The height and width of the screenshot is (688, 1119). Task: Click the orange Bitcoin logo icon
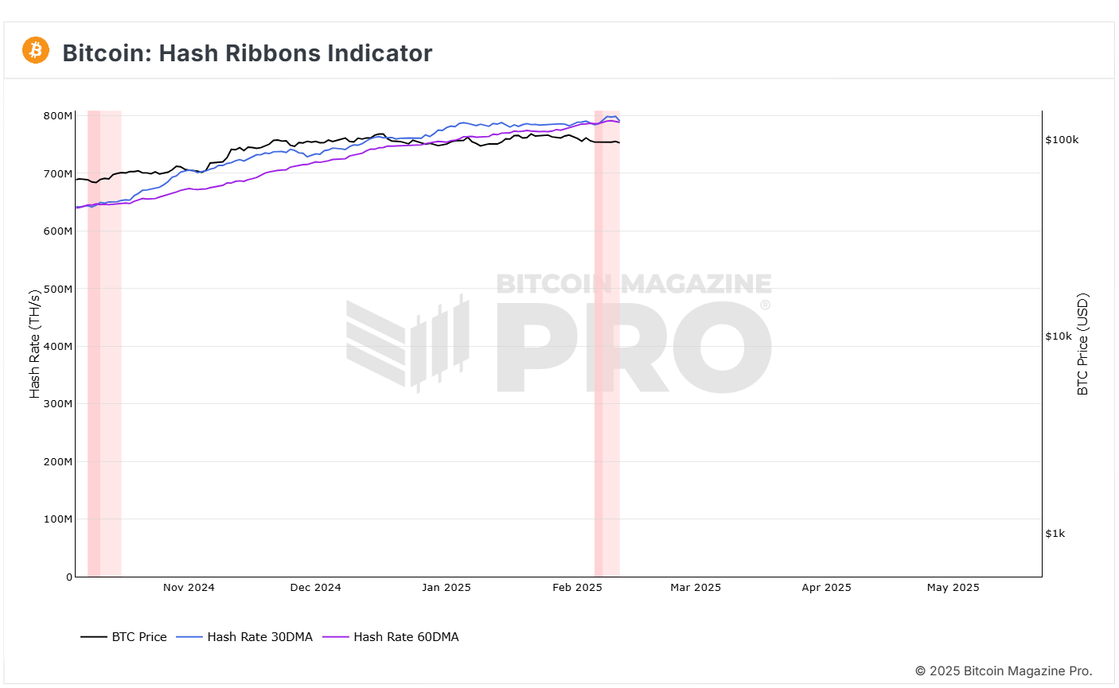[36, 50]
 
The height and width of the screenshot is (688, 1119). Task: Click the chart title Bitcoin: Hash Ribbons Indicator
[247, 53]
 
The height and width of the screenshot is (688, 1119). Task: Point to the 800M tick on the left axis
[57, 116]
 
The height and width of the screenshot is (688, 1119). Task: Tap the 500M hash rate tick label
[57, 289]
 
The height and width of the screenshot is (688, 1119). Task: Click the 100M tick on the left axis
[57, 519]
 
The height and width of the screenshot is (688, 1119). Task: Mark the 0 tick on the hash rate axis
[68, 577]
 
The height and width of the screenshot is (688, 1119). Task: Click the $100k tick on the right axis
[1062, 140]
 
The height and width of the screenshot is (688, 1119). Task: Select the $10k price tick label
[1059, 336]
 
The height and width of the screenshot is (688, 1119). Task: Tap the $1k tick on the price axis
[1055, 534]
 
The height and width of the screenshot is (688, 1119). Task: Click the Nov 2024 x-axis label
[189, 588]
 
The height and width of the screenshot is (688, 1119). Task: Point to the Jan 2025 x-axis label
[446, 588]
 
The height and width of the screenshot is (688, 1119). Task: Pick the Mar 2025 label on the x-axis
[696, 588]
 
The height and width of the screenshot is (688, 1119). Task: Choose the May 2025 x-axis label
[953, 588]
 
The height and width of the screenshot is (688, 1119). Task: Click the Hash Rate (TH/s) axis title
[35, 344]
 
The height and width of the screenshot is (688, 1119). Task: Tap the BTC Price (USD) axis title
[1082, 344]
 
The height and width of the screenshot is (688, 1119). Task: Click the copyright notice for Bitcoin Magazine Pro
[1003, 671]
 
